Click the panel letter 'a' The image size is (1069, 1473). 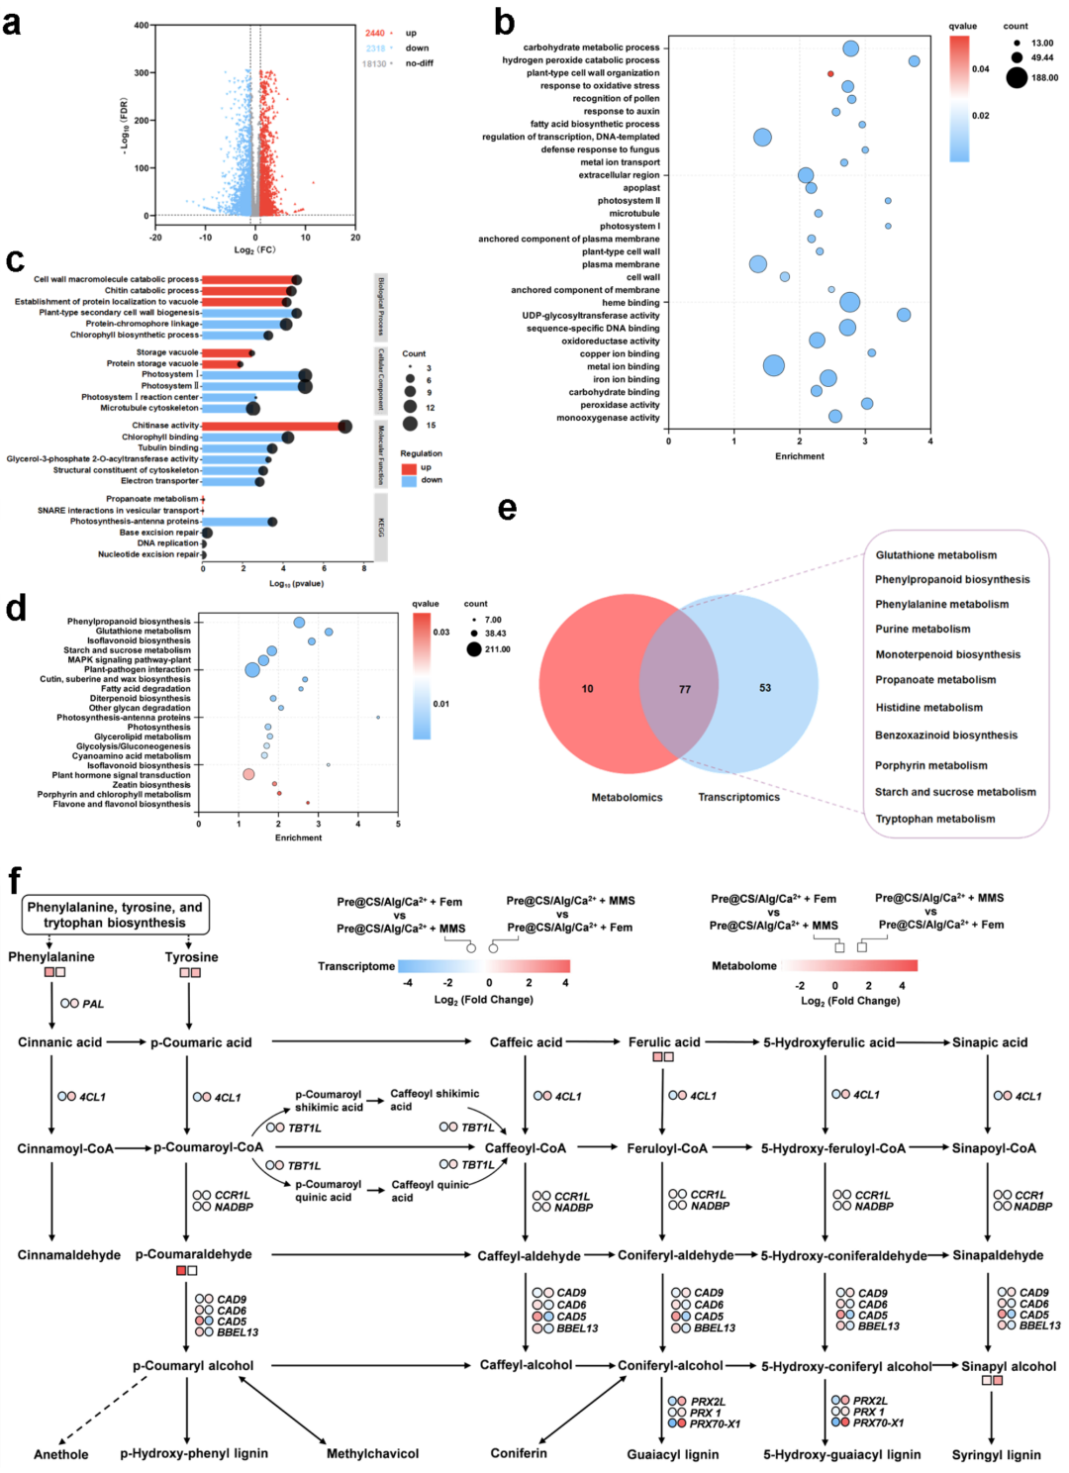point(12,22)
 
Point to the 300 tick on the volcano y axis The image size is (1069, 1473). point(142,73)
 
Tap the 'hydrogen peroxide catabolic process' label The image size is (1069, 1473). point(580,60)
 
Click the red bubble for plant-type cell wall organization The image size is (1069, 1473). point(830,73)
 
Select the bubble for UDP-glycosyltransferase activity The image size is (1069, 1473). point(904,315)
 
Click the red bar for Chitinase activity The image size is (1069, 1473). point(273,426)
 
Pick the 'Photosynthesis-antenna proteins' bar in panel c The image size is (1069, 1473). point(238,522)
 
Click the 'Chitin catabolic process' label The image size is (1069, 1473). point(151,291)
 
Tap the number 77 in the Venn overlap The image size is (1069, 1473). point(685,689)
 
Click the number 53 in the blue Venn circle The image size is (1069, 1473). point(765,687)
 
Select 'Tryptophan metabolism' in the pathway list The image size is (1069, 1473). point(935,819)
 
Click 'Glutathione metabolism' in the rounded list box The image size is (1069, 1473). point(936,555)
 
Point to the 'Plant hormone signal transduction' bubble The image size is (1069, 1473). point(248,774)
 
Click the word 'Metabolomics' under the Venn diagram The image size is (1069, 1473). point(627,797)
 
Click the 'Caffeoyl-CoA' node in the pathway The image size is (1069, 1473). point(526,1148)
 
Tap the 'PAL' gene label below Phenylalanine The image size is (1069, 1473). point(93,1004)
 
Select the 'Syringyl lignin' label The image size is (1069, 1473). point(996,1455)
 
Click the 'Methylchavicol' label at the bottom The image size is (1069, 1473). point(372,1454)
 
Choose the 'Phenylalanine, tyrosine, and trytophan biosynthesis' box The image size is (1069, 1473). point(115,915)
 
